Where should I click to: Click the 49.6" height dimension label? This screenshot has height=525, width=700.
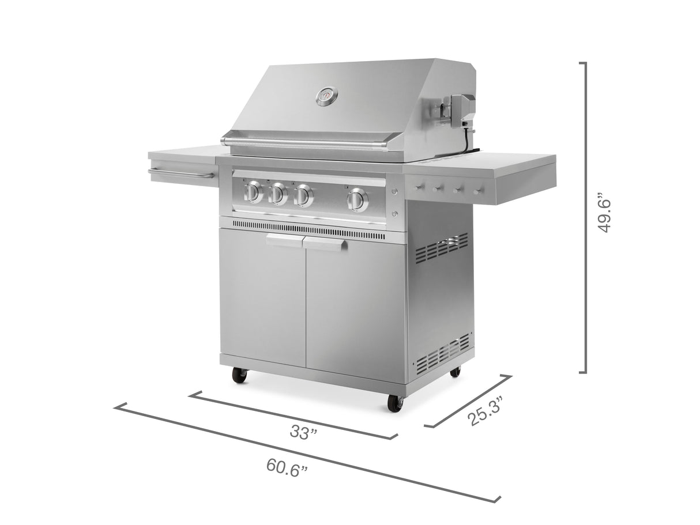point(604,213)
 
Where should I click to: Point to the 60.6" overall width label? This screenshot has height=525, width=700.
point(287,467)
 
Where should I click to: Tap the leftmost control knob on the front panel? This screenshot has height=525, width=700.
point(253,192)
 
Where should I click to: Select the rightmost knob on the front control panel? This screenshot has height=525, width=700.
point(357,199)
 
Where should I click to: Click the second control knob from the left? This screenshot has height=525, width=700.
point(278,194)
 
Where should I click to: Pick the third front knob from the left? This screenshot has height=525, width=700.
point(303,196)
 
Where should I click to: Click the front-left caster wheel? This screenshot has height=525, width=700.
point(239,376)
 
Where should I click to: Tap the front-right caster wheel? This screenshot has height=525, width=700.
point(394,403)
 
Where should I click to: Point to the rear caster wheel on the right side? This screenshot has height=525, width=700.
point(455,372)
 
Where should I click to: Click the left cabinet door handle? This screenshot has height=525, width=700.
point(284,241)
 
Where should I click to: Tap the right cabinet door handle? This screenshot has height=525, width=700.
point(326,244)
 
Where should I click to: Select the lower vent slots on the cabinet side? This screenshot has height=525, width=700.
point(442,353)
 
